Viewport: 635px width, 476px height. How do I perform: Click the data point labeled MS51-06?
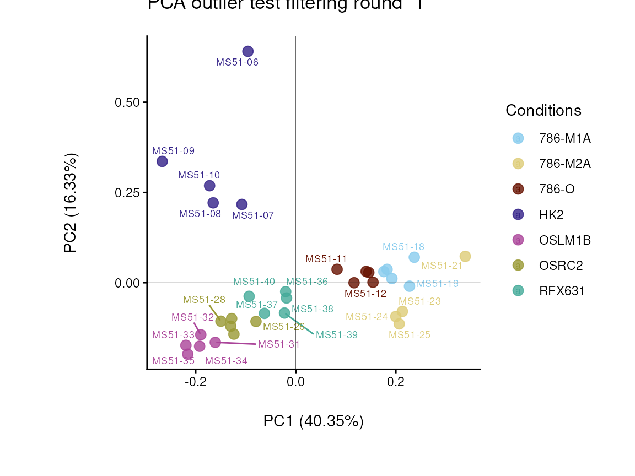pyautogui.click(x=248, y=51)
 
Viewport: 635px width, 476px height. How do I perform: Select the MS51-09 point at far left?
pyautogui.click(x=162, y=161)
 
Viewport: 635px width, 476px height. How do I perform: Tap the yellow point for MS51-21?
pyautogui.click(x=465, y=257)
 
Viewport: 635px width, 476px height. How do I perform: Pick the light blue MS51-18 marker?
pyautogui.click(x=414, y=257)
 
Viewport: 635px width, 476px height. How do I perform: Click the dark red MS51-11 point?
pyautogui.click(x=337, y=269)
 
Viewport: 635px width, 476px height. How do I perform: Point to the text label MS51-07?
pyautogui.click(x=253, y=215)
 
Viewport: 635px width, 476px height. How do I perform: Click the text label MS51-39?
pyautogui.click(x=336, y=334)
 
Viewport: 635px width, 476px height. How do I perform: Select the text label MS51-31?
pyautogui.click(x=279, y=344)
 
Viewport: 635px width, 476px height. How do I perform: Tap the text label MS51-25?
pyautogui.click(x=410, y=334)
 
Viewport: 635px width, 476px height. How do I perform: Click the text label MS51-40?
pyautogui.click(x=254, y=282)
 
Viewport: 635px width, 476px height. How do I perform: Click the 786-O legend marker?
pyautogui.click(x=518, y=189)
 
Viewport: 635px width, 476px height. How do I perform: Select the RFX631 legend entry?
pyautogui.click(x=562, y=291)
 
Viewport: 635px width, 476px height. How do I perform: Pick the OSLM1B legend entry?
pyautogui.click(x=565, y=240)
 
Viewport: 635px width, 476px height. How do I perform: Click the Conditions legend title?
pyautogui.click(x=543, y=111)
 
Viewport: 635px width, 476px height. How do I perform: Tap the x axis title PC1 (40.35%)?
pyautogui.click(x=313, y=421)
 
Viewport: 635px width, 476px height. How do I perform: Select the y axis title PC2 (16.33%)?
pyautogui.click(x=71, y=203)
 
